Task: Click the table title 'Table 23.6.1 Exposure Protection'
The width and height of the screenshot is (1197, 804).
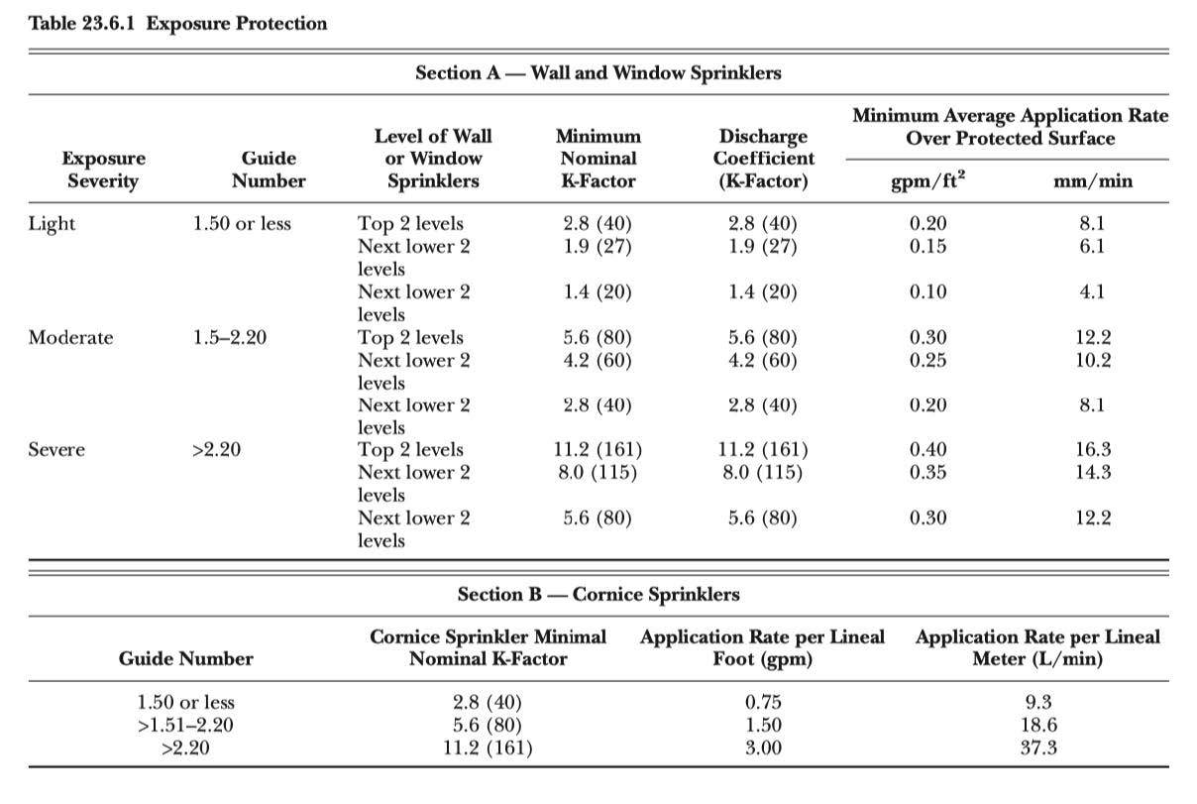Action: tap(178, 23)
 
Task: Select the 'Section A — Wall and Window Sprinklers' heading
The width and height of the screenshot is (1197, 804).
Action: tap(598, 72)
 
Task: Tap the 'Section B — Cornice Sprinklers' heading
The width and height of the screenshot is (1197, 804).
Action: tap(598, 594)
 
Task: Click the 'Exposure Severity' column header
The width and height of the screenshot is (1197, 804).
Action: tap(103, 170)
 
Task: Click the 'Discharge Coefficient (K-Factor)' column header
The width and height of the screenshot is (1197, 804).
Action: tap(763, 159)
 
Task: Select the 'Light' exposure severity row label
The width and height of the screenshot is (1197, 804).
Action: tap(52, 223)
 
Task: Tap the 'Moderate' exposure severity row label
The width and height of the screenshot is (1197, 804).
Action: tap(70, 337)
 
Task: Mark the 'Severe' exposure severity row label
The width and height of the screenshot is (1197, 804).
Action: tap(56, 450)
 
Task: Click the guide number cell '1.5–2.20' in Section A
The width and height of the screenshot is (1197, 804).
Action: tap(230, 337)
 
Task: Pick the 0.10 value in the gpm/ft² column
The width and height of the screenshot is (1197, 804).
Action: tap(927, 291)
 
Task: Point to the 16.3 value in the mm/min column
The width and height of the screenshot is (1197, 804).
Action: tap(1094, 450)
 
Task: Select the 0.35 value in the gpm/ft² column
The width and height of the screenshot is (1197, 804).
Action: tap(927, 472)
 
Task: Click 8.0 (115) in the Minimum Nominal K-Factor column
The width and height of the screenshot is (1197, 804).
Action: tap(598, 472)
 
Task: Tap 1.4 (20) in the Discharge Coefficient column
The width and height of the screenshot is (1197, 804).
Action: tap(762, 291)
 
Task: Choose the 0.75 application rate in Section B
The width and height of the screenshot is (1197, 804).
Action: tap(762, 703)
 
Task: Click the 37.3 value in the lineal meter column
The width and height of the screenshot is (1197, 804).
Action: tap(1037, 747)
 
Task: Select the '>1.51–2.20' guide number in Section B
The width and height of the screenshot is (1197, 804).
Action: tap(186, 726)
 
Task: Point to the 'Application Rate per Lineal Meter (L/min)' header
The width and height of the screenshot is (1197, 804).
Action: tap(1037, 647)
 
